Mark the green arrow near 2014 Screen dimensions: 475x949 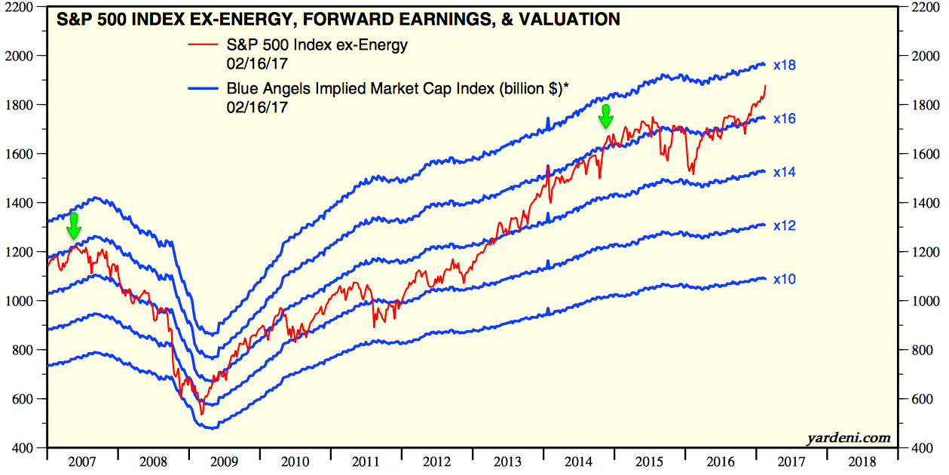605,116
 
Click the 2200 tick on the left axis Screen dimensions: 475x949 22,7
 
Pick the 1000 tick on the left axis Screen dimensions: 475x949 22,302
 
